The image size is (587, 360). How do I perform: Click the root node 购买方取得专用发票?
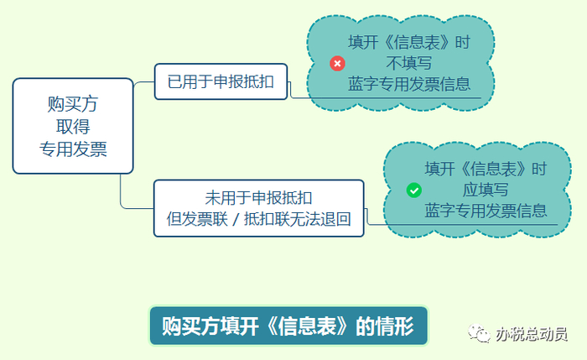click(x=73, y=126)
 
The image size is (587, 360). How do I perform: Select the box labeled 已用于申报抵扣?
click(x=221, y=81)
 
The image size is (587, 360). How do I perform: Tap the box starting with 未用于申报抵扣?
click(x=258, y=208)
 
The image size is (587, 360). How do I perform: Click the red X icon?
click(x=337, y=64)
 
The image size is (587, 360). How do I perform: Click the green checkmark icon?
click(x=413, y=190)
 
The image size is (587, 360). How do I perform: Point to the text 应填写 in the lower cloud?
click(x=486, y=190)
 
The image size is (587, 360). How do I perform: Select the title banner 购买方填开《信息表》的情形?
click(x=288, y=326)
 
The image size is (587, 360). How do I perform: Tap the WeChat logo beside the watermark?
click(x=481, y=334)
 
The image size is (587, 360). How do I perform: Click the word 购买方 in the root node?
click(x=73, y=105)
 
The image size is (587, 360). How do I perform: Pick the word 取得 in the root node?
click(x=73, y=126)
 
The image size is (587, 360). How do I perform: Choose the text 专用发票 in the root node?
click(x=73, y=148)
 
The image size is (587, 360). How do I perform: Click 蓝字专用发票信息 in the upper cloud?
click(x=408, y=84)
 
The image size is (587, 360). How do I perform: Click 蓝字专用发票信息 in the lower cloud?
click(x=486, y=211)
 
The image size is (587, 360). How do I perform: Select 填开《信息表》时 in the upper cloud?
click(x=408, y=42)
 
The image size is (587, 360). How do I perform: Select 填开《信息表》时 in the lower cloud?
click(x=486, y=169)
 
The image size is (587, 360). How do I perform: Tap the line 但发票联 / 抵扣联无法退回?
click(x=258, y=219)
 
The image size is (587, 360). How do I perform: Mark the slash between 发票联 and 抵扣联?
click(x=235, y=220)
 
